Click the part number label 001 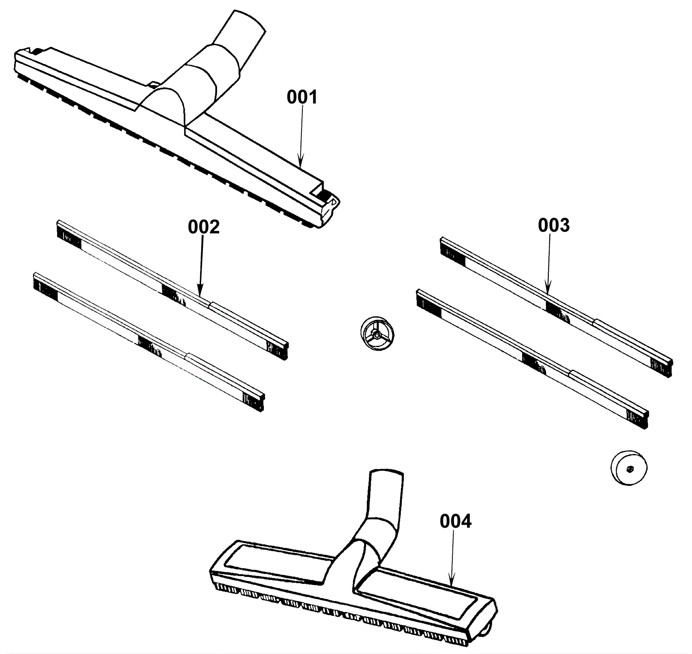click(x=302, y=97)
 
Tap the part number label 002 click(x=204, y=227)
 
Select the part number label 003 click(x=554, y=225)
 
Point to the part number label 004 click(x=456, y=521)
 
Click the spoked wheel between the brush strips click(x=377, y=333)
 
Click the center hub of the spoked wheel click(x=377, y=334)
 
